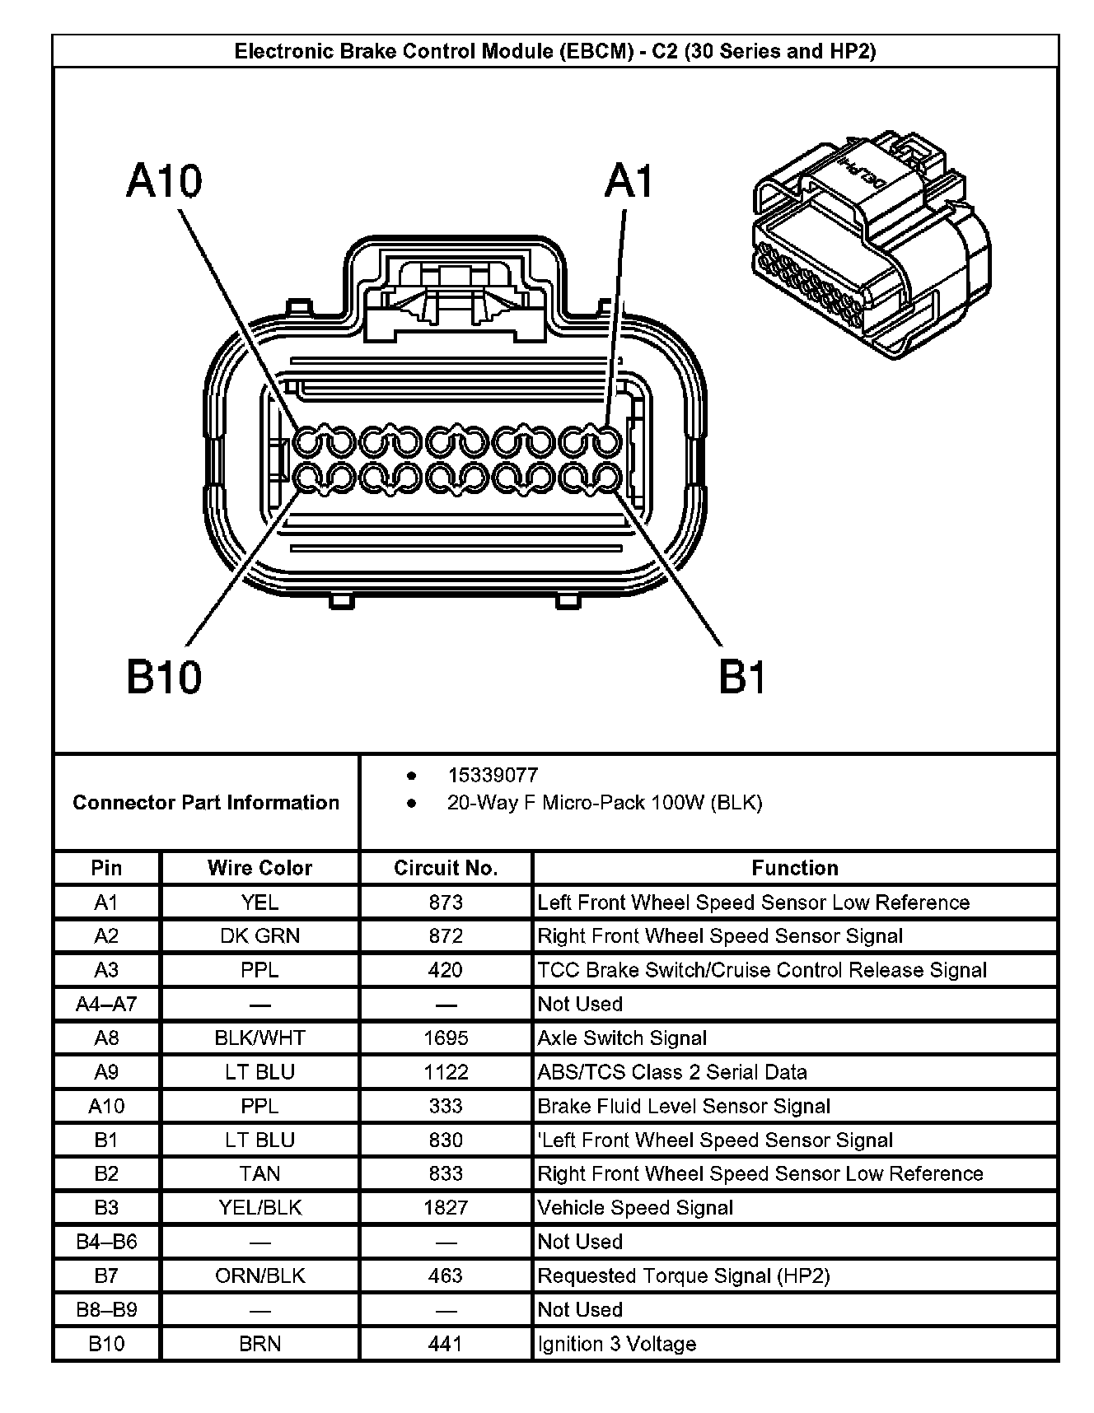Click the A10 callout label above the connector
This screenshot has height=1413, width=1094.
[x=164, y=180]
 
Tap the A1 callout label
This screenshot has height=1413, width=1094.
[x=629, y=180]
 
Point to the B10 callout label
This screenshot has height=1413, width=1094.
[x=164, y=677]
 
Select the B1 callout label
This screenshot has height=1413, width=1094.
[x=742, y=677]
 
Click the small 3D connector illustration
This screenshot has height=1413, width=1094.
[x=872, y=245]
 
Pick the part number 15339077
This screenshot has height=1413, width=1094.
[x=493, y=775]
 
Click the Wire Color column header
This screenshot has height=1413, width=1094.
[x=259, y=868]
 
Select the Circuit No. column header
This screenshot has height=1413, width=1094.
[x=446, y=868]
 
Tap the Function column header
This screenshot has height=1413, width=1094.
[x=795, y=868]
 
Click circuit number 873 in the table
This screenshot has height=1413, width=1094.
[x=446, y=902]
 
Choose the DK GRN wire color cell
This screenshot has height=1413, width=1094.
[x=259, y=936]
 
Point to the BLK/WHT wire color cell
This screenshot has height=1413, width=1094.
[x=259, y=1038]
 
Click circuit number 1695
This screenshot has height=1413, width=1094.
[x=446, y=1038]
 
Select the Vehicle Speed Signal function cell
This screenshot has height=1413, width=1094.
[x=635, y=1208]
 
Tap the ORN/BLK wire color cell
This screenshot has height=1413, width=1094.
[x=259, y=1275]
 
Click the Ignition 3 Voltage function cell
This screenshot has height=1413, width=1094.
[x=617, y=1344]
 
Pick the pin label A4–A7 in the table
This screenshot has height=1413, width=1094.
[x=106, y=1004]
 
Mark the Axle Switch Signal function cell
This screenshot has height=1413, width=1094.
[x=622, y=1038]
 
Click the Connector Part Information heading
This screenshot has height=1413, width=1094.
[x=206, y=803]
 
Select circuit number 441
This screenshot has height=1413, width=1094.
[x=446, y=1344]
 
